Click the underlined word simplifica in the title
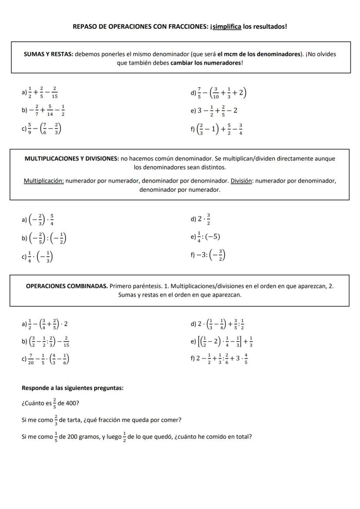pos(227,27)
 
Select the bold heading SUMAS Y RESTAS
pos(48,54)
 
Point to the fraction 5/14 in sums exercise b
pos(50,110)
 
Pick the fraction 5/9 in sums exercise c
pos(30,129)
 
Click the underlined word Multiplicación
pos(43,180)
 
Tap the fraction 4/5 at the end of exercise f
pos(246,359)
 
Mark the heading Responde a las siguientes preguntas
pos(73,388)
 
